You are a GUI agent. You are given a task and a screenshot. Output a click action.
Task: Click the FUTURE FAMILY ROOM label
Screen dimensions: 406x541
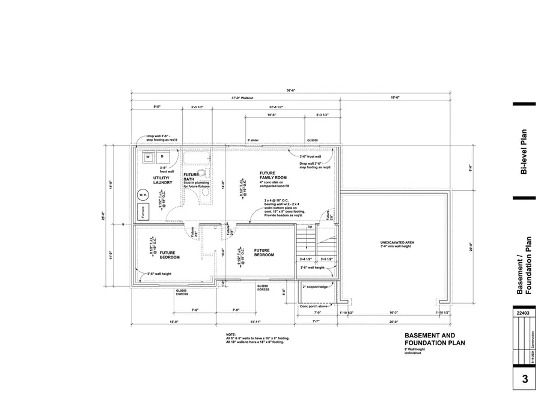coord(273,175)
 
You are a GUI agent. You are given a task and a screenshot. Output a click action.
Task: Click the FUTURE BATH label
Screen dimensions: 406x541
coord(191,177)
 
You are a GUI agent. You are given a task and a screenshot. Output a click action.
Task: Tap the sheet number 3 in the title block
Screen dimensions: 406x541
coord(524,379)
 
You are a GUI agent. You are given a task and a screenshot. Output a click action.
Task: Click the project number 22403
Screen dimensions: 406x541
coord(524,313)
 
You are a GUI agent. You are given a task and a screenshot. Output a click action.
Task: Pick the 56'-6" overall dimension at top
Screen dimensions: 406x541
coord(291,90)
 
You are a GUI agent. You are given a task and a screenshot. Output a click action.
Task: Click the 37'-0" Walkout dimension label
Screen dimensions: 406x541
coord(243,98)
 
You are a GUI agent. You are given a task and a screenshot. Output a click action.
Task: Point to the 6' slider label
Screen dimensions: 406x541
coord(253,140)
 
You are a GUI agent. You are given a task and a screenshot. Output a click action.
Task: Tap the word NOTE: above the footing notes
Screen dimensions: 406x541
coord(231,334)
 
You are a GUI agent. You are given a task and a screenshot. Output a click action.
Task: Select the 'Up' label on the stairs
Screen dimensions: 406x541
coord(310,227)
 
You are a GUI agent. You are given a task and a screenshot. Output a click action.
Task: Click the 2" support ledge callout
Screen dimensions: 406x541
coord(315,287)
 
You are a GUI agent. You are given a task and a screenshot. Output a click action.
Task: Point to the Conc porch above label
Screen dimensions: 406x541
coord(313,306)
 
